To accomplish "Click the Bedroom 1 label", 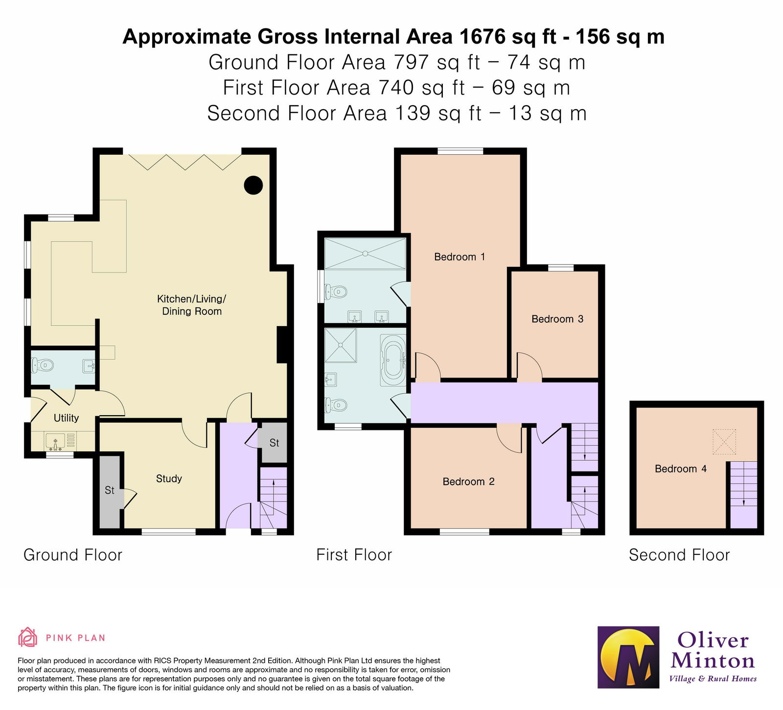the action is click(x=460, y=257).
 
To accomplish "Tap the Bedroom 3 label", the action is click(x=557, y=319).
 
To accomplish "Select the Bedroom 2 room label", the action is click(x=468, y=481).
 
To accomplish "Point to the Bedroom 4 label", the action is click(x=681, y=469).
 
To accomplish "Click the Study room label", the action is click(x=169, y=478).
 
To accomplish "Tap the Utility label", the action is click(x=66, y=418).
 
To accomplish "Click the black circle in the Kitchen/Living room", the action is click(x=253, y=185).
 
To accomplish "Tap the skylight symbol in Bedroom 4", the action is click(x=724, y=442).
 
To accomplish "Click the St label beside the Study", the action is click(x=109, y=490).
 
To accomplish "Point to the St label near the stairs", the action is click(x=274, y=443).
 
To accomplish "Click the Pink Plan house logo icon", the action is click(x=27, y=637).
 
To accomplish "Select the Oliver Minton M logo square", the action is click(x=629, y=657).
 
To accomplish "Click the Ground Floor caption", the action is click(x=73, y=555).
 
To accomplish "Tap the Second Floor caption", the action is click(x=679, y=555).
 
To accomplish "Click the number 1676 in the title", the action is click(x=482, y=37).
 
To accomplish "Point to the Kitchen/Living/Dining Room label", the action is click(x=192, y=305).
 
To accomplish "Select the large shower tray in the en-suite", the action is click(x=365, y=253).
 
